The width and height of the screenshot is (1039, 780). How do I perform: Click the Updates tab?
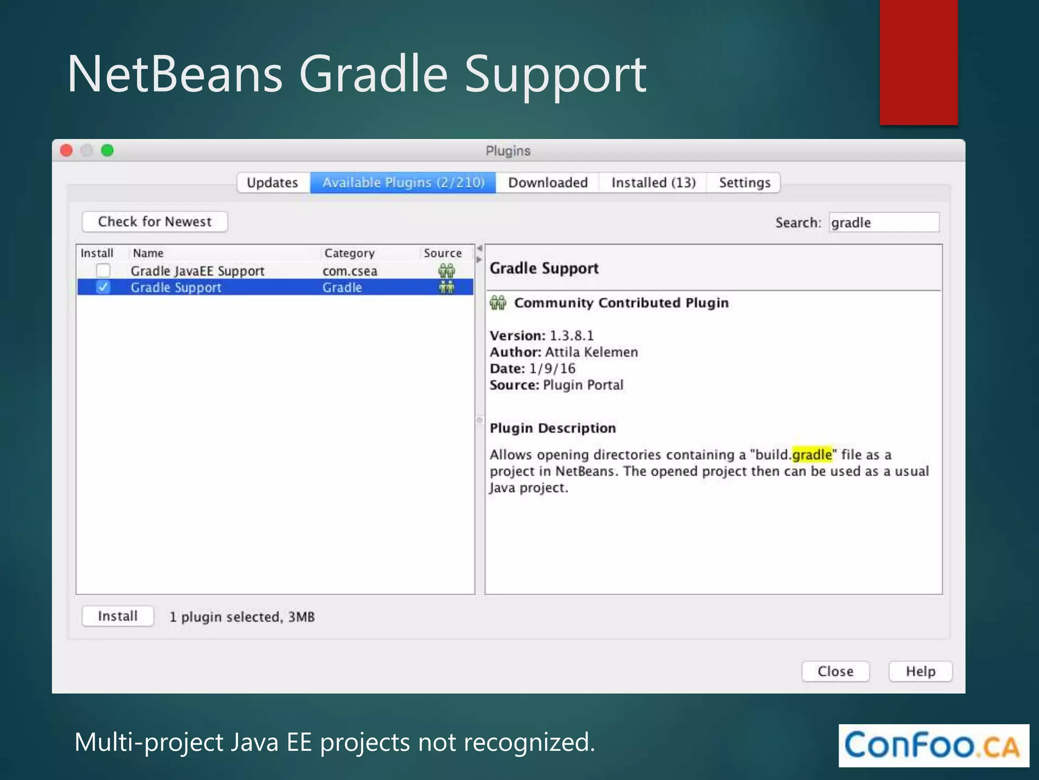[x=272, y=183]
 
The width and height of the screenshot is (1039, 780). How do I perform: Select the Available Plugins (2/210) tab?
[x=403, y=183]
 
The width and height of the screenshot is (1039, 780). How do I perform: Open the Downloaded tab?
[x=548, y=183]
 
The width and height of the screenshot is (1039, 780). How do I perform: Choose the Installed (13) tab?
[x=653, y=183]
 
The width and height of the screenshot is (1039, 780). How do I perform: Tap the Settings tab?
[x=744, y=183]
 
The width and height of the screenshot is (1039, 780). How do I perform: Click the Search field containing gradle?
[x=884, y=222]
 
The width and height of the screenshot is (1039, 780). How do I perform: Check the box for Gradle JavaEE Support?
[x=103, y=271]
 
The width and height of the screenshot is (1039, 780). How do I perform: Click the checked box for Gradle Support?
[x=103, y=287]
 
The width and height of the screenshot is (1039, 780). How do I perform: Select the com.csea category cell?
[x=350, y=271]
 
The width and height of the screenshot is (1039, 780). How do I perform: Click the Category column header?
[x=350, y=253]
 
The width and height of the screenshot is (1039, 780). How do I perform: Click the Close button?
[x=836, y=671]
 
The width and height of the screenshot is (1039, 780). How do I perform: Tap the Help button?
[x=920, y=671]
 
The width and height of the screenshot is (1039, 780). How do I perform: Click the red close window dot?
[x=66, y=151]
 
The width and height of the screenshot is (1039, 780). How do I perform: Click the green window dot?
[x=108, y=151]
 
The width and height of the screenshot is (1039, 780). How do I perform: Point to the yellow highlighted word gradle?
[x=812, y=454]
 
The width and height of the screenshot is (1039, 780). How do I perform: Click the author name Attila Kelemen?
[x=592, y=352]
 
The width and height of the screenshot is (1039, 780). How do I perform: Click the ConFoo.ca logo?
[x=933, y=745]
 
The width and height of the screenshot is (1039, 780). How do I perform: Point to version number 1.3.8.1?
[x=572, y=336]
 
